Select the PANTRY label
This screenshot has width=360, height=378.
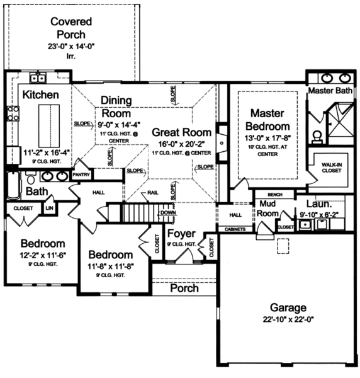(x=81, y=174)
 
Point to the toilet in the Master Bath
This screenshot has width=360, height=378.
(x=317, y=134)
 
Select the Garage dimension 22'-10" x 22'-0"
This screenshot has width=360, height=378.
(x=288, y=319)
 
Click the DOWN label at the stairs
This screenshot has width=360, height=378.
(x=167, y=213)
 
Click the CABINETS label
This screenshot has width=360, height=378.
(x=235, y=229)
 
